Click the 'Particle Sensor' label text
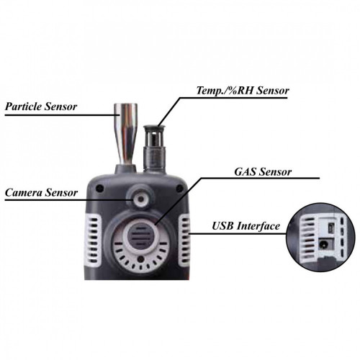(41, 107)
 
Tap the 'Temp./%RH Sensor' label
(243, 91)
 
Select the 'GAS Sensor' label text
(263, 172)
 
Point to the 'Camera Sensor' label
(41, 192)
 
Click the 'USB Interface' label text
(246, 226)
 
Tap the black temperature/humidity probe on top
(154, 148)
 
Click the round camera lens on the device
(141, 199)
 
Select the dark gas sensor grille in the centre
(140, 236)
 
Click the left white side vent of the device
(94, 240)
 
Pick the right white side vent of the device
(184, 240)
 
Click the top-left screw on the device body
(99, 189)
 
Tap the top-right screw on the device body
(179, 189)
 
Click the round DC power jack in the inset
(323, 245)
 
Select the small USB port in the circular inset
(331, 226)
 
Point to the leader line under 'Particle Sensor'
(63, 115)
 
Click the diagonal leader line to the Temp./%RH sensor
(169, 112)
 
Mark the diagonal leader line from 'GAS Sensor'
(179, 202)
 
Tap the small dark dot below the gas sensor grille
(141, 259)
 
